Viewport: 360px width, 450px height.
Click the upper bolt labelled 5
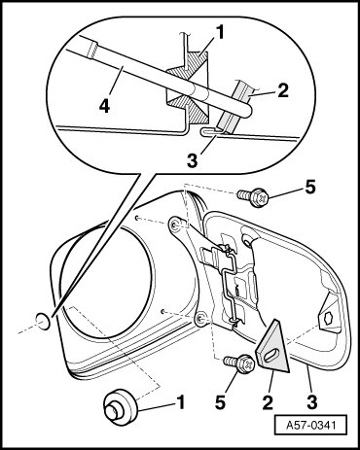[x=254, y=197]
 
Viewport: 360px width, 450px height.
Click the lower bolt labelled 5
[x=240, y=363]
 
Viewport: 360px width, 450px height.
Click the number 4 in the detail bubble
[x=104, y=107]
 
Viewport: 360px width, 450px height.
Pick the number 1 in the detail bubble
[x=220, y=33]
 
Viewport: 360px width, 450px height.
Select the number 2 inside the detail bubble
[x=282, y=91]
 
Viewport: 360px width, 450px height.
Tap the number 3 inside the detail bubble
[x=192, y=160]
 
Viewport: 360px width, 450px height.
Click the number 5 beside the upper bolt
[x=310, y=187]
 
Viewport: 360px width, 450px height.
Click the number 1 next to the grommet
[x=181, y=402]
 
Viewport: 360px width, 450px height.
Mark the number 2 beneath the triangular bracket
[x=268, y=402]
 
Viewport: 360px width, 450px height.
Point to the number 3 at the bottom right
[x=312, y=402]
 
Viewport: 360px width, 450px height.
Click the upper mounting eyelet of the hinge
[x=175, y=225]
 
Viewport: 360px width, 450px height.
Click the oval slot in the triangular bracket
[x=270, y=355]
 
